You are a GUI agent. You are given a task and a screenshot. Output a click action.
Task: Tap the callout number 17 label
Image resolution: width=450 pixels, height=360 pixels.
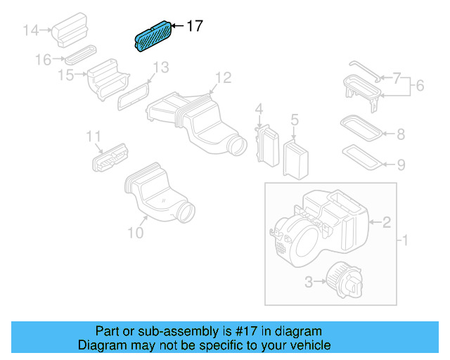click(194, 26)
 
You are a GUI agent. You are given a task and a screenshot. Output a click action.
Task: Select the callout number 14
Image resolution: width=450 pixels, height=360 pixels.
click(31, 30)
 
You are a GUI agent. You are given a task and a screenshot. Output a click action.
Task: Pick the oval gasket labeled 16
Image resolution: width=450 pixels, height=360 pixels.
click(79, 54)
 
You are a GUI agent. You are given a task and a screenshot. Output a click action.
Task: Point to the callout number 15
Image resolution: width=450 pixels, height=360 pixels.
click(66, 75)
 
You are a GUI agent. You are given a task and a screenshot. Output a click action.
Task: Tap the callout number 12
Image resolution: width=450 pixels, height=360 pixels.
click(222, 77)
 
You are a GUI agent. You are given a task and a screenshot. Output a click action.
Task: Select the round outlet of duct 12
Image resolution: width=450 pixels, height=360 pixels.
click(238, 146)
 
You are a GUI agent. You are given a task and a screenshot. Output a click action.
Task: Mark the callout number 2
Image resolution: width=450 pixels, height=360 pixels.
click(387, 223)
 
